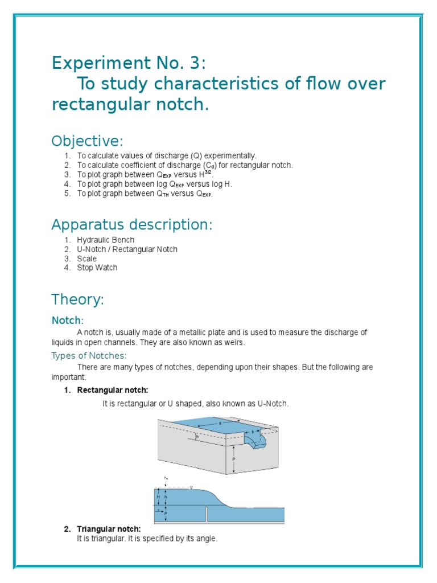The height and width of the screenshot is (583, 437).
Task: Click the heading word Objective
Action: point(87,141)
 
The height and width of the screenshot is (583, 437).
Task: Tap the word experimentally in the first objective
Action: point(229,155)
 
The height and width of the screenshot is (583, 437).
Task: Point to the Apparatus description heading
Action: point(131,224)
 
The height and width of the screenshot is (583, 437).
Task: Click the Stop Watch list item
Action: point(97,268)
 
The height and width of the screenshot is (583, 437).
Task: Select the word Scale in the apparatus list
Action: point(87,258)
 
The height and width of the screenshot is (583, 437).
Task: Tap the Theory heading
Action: point(77,299)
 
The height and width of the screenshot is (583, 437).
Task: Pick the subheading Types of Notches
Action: point(89,355)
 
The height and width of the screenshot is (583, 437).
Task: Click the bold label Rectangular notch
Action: point(113,390)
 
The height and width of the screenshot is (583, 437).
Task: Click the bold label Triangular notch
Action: point(109,529)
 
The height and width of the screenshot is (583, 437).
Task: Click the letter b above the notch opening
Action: point(253,433)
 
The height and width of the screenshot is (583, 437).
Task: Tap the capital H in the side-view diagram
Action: point(158,497)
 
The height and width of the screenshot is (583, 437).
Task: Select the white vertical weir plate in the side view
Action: point(206,514)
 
